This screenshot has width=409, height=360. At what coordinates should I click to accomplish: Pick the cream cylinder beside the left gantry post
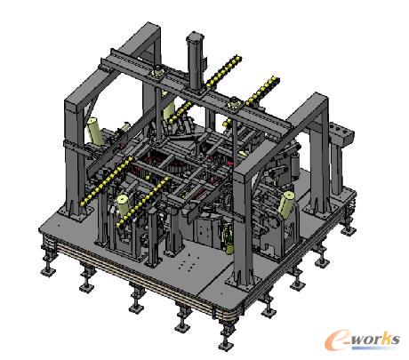[x=95, y=131]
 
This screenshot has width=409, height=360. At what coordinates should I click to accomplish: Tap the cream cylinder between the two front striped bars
[x=123, y=205]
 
